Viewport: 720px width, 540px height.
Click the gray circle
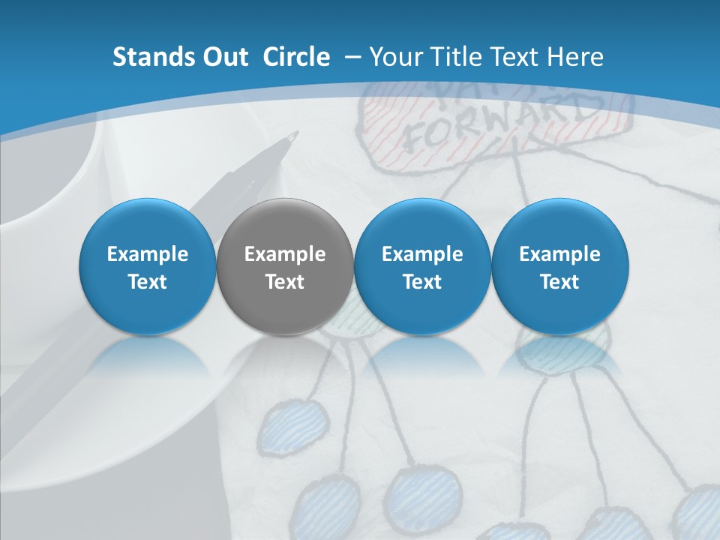coord(284,267)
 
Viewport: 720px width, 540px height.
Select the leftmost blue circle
coord(147,267)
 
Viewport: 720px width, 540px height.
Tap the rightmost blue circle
coord(559,267)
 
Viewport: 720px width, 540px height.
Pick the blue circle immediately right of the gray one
coord(422,267)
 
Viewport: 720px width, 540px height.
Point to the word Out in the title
coord(223,57)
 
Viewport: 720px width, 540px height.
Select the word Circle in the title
coord(296,57)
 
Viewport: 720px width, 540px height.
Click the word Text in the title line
coord(517,57)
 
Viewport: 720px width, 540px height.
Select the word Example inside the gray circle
coord(285,254)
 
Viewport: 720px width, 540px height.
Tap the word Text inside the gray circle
coord(285,282)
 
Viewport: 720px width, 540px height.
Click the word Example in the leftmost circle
coord(148,254)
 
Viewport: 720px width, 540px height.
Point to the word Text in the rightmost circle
coord(559,282)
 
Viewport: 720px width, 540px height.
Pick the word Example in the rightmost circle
coord(559,254)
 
